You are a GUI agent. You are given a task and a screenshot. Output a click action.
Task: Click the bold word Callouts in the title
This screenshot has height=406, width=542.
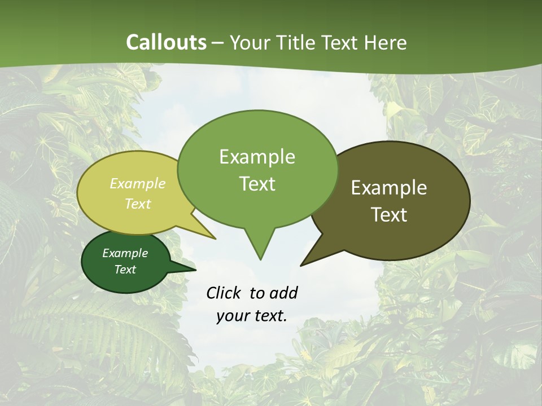(x=166, y=42)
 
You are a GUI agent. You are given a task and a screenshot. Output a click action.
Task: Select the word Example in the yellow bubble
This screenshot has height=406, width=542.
(x=138, y=183)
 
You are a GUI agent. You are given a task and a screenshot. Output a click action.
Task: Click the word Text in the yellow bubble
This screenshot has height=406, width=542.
(x=138, y=204)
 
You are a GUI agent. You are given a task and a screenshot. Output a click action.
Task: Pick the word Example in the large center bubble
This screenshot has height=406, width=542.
(x=257, y=157)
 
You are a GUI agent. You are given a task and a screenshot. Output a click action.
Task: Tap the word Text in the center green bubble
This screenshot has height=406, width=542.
(x=257, y=184)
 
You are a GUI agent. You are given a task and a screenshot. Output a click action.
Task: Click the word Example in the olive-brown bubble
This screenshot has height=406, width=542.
(x=389, y=188)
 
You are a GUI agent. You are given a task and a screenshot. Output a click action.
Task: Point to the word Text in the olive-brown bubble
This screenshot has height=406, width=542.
(x=389, y=215)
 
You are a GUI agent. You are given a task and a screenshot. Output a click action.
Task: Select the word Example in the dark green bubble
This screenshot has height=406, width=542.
(x=125, y=253)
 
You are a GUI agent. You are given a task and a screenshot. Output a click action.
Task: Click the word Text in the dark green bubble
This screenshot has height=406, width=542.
(x=125, y=270)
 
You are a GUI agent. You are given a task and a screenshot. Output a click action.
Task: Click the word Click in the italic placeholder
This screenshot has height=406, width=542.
(x=223, y=293)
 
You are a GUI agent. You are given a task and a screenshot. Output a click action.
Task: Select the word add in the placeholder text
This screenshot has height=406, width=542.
(x=283, y=293)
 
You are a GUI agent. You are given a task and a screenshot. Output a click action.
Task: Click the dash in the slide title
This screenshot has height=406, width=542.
(x=218, y=43)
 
